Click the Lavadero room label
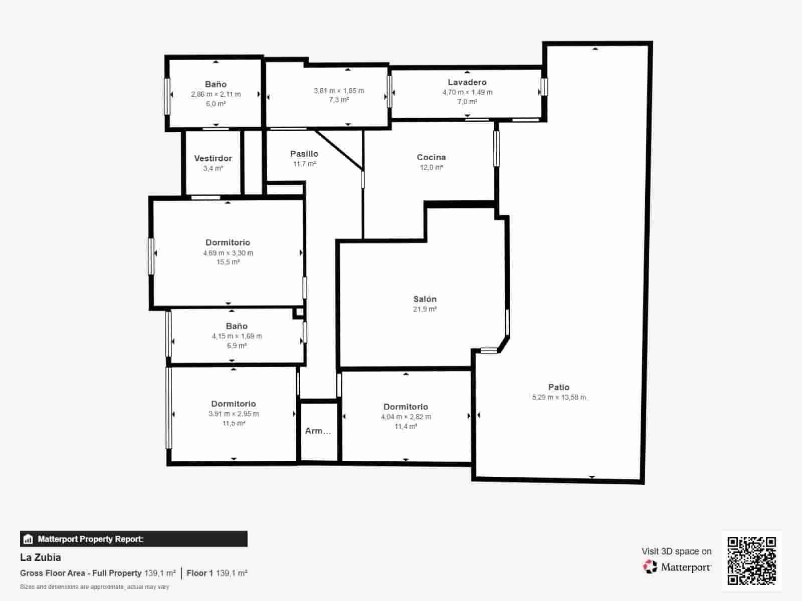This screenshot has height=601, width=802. click(x=467, y=83)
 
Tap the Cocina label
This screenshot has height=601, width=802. click(x=431, y=157)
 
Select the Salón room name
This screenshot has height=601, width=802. click(x=425, y=299)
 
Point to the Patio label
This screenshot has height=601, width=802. click(x=559, y=387)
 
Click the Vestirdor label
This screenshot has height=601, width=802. click(x=213, y=158)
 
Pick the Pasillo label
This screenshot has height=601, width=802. click(x=304, y=154)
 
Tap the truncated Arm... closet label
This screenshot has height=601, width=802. click(x=318, y=431)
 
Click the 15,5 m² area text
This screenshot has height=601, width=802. click(x=228, y=262)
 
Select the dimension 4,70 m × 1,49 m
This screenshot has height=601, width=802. click(x=467, y=92)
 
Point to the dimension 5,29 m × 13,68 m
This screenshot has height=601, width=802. click(x=559, y=397)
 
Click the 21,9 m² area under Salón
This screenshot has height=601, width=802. click(x=425, y=309)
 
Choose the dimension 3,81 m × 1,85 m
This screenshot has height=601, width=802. click(x=339, y=91)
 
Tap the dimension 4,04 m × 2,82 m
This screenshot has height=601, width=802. click(x=406, y=417)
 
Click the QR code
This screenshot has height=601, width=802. click(x=751, y=560)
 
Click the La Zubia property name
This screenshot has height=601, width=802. click(x=40, y=557)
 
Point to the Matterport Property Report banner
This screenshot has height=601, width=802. click(x=134, y=539)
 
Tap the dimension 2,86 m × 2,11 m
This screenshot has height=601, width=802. click(x=216, y=94)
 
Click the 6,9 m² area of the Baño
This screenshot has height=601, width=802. click(x=237, y=346)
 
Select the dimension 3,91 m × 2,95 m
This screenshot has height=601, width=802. click(x=234, y=414)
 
